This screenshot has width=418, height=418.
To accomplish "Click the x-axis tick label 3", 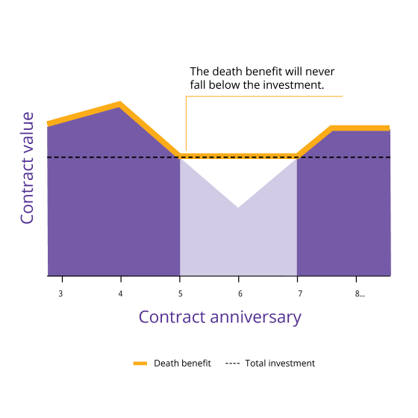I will [x=60, y=294].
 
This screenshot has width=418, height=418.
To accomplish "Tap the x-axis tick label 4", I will [x=120, y=294].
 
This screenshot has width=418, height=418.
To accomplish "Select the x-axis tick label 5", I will [x=180, y=294].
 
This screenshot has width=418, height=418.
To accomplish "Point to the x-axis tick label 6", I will [x=239, y=294].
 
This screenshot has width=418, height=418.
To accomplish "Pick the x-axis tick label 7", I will [x=298, y=294].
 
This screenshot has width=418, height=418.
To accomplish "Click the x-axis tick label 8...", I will [x=359, y=294].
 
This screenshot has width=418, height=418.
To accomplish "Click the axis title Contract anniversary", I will [x=220, y=316].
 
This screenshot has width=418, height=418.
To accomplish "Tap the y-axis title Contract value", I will [x=27, y=168].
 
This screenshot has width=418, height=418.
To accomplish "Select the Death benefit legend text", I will [x=182, y=364].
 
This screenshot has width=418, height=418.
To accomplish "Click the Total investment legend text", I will [x=279, y=364].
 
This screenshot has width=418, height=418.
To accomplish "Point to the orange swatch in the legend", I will [x=140, y=364].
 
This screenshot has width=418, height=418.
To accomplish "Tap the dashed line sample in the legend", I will [x=232, y=364].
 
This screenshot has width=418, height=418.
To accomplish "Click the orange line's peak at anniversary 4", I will [x=119, y=104].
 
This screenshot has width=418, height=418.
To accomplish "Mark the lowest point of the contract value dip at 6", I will [x=239, y=207].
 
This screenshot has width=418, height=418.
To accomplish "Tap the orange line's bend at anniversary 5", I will [x=180, y=156].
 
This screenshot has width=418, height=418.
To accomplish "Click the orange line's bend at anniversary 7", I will [x=298, y=156].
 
